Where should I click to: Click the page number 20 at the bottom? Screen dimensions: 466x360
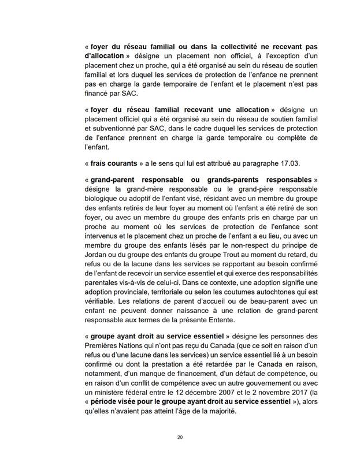(180, 437)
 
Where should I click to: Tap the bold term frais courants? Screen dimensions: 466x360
(114, 163)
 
